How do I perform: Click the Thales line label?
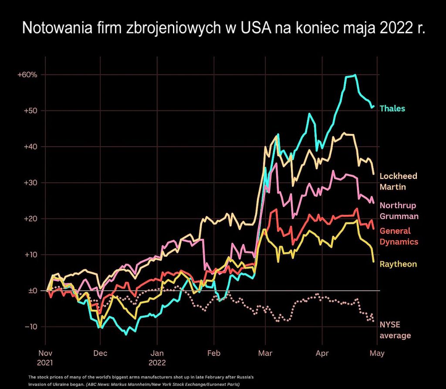coord(392,109)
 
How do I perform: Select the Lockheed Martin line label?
coord(399,181)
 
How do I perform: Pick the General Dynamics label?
coord(399,236)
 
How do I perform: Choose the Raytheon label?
coord(398,264)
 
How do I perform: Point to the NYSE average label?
coord(395,330)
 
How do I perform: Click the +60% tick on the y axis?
coord(27,75)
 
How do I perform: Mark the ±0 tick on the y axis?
coord(32,291)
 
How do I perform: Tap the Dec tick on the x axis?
coord(100,353)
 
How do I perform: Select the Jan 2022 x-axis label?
coord(157,357)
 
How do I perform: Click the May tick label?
coord(377,353)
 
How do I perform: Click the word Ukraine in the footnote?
coord(72,385)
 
